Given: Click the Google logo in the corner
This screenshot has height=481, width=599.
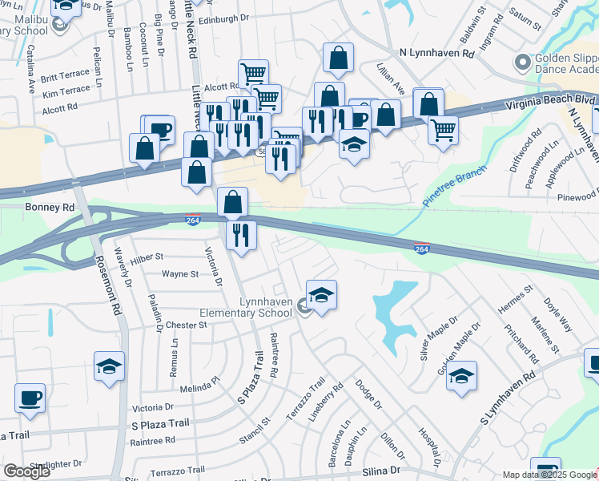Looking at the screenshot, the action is [x=26, y=471].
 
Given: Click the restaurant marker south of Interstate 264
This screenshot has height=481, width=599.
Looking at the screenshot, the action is [x=241, y=236].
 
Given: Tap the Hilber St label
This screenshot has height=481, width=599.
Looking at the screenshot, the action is [x=147, y=257].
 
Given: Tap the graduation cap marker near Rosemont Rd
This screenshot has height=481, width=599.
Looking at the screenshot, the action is [x=109, y=366].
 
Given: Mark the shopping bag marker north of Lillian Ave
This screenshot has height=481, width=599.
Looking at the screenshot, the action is [x=338, y=58].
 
